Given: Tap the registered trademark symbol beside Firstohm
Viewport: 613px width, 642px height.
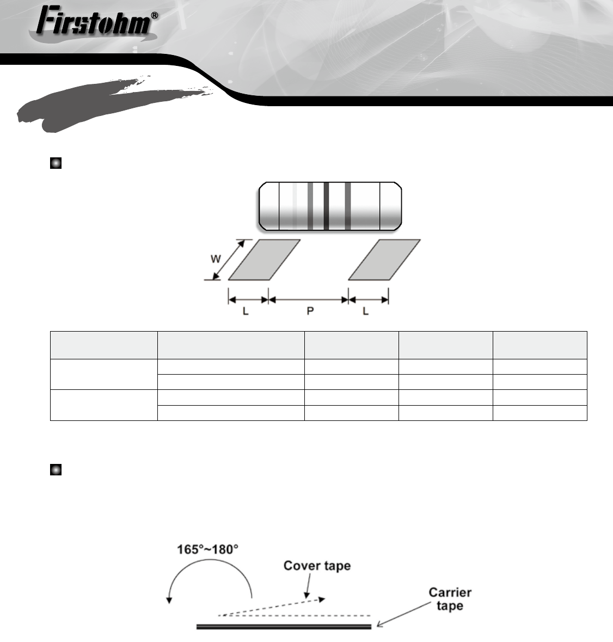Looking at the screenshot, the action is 154,16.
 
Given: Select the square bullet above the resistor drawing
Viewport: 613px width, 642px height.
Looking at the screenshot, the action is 56,163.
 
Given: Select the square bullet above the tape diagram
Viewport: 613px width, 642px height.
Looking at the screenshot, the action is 56,469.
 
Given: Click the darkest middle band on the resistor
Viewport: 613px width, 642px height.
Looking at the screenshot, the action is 326,206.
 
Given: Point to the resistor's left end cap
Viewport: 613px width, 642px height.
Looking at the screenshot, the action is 269,206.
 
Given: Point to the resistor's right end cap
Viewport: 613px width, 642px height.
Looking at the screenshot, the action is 391,206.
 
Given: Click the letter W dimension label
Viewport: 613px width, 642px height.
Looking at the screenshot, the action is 216,259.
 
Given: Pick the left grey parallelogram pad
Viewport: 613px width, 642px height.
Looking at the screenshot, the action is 265,260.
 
